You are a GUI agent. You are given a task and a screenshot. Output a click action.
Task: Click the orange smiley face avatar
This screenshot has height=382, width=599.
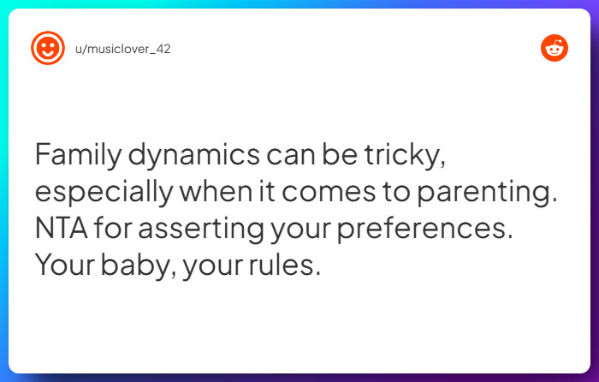(48, 48)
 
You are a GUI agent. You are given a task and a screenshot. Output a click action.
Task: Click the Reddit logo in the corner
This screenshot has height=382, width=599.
(555, 48)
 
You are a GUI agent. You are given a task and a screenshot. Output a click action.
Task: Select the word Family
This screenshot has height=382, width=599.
(77, 155)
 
